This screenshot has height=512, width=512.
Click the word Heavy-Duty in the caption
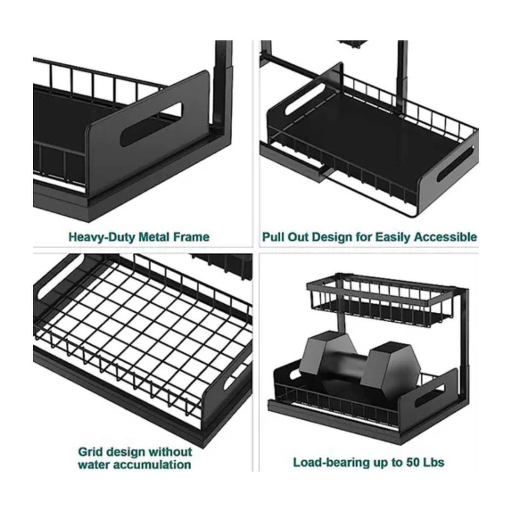point(102,237)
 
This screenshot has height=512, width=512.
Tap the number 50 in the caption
point(413,463)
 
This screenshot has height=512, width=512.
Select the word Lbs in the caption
point(434,463)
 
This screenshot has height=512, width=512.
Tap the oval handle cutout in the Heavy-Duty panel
point(151,124)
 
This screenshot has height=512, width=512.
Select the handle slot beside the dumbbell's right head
point(429,396)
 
